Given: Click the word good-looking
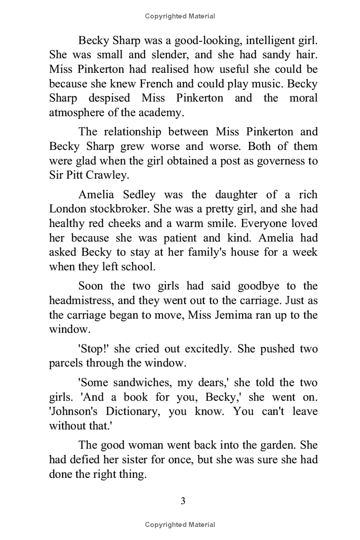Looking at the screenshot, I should point(201,40).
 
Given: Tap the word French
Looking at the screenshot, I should point(176,84).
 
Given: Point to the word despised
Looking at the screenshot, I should point(109,98).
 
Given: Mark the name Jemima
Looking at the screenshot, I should point(249,315).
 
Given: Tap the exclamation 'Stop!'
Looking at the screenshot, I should point(91,349).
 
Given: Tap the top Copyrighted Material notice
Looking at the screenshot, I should point(180,16).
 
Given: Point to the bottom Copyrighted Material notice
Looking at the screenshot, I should point(180,525).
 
